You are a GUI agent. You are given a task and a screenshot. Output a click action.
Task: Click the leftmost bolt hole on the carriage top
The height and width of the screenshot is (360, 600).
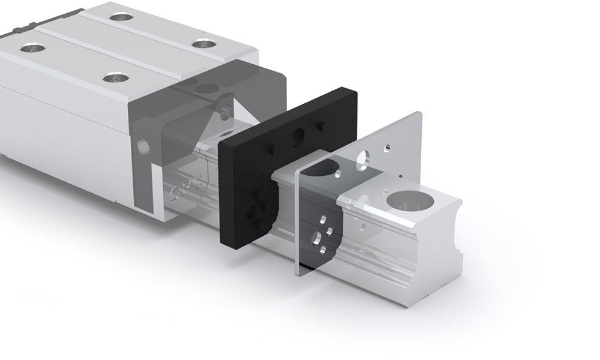(x=28, y=48)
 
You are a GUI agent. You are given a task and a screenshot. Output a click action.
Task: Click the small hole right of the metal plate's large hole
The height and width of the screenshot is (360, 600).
(x=388, y=146)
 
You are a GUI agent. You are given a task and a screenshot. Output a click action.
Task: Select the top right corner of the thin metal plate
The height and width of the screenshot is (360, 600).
(x=420, y=113)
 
